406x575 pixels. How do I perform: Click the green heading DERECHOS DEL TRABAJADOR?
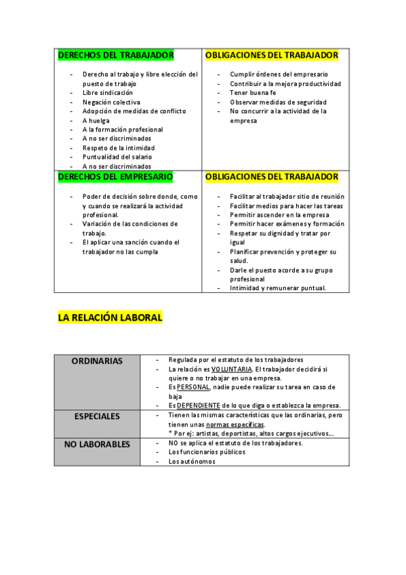tap(116, 55)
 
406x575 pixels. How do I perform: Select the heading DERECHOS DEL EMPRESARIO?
tap(115, 177)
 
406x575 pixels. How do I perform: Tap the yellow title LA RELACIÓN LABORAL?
tap(110, 317)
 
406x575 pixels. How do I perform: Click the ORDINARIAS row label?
tap(97, 361)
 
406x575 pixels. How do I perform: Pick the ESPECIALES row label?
tap(97, 416)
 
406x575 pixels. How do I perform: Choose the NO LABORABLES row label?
tap(97, 443)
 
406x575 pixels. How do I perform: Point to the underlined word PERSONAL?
tap(193, 387)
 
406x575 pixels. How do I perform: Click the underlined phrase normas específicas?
tap(236, 424)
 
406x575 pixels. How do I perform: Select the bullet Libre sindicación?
tap(108, 93)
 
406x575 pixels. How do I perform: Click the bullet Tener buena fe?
tap(253, 93)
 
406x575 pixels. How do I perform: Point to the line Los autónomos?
tap(192, 461)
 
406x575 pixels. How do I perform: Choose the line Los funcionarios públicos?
tap(207, 452)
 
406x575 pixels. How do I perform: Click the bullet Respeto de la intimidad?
tap(119, 148)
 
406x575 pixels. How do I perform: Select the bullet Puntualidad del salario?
tap(117, 157)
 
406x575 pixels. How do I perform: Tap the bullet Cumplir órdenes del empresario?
tap(279, 75)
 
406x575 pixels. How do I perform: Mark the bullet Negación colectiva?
tap(111, 102)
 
